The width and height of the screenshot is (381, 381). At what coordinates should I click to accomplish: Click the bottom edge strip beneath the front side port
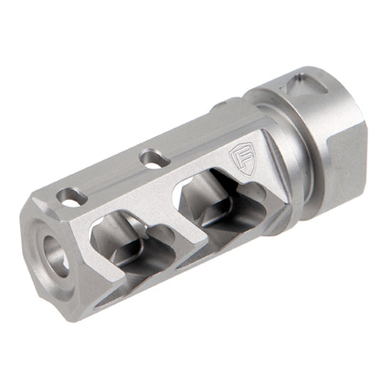point(135,281)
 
